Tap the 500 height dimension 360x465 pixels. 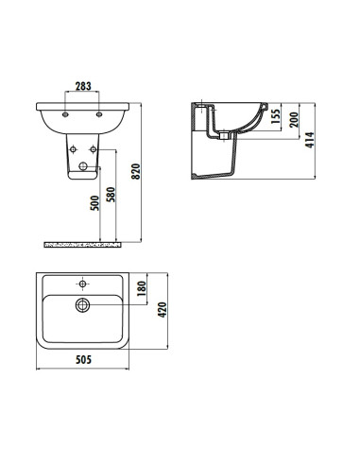coord(95,205)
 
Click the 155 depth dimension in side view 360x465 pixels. coord(277,117)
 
